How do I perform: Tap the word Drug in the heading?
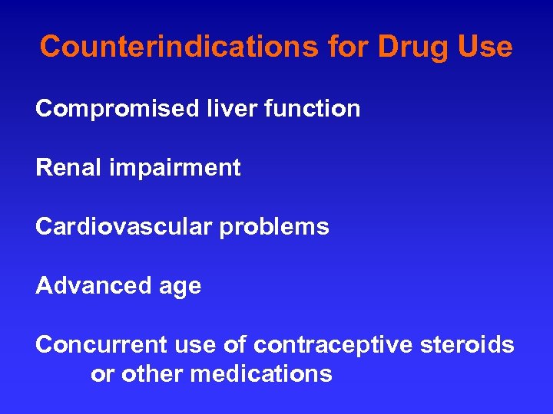(408, 47)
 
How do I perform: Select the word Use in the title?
(483, 47)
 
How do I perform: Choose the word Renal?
(68, 168)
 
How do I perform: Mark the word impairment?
(174, 168)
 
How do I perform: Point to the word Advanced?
(94, 286)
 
